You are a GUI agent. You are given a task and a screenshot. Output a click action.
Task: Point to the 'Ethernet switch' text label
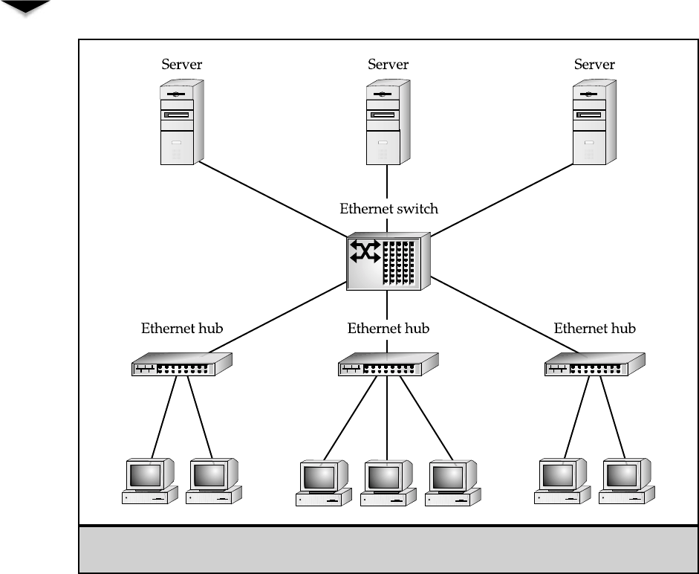click(388, 209)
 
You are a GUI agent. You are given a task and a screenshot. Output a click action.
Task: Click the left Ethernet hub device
click(182, 364)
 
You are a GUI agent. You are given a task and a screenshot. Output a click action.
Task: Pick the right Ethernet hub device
click(594, 364)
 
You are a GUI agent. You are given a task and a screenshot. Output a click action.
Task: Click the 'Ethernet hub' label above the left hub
click(182, 328)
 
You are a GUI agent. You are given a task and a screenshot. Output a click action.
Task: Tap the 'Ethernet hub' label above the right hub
click(594, 328)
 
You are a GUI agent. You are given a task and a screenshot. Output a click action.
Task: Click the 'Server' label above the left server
click(181, 65)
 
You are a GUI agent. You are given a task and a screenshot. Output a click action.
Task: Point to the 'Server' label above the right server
click(594, 65)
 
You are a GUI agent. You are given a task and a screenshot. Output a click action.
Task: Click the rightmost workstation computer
click(628, 482)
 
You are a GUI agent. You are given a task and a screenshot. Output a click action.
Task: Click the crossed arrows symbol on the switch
click(365, 253)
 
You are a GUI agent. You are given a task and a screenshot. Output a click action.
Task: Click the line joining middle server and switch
click(387, 182)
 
